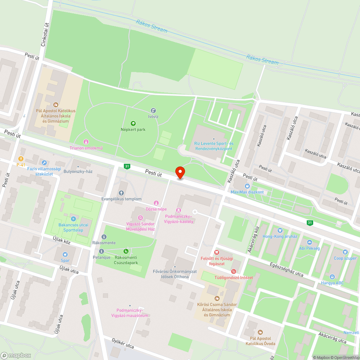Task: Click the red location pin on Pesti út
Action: pos(180,173)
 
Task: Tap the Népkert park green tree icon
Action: pos(133,123)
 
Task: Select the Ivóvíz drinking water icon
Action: pos(153,111)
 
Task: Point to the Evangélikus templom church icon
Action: pos(121,193)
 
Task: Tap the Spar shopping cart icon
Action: pos(65,254)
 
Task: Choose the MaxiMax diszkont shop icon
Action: pos(247,186)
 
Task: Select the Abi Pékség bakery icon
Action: pos(309,242)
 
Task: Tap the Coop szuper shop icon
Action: pos(345,252)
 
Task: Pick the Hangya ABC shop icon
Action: pos(332,276)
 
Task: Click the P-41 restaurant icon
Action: pos(21,158)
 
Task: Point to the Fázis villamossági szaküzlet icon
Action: pos(44,163)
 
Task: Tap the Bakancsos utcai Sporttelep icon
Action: pos(73,219)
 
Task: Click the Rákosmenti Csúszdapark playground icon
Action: pos(126,251)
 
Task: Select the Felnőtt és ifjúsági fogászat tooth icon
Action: pos(216,253)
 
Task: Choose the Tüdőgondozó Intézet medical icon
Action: pos(234,271)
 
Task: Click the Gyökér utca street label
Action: pos(123,343)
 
